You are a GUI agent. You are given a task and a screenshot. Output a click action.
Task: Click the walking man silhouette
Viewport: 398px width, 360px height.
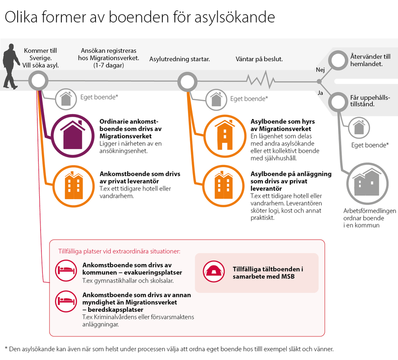click(x=11, y=67)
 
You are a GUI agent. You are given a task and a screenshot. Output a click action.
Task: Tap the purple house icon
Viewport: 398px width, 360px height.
click(x=73, y=136)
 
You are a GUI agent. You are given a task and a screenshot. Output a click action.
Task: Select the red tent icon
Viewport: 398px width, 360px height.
click(x=214, y=271)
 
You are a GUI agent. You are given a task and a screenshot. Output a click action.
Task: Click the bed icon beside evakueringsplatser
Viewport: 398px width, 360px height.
click(x=66, y=270)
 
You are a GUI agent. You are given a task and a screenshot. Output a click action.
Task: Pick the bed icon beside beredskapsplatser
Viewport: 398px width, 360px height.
click(x=66, y=301)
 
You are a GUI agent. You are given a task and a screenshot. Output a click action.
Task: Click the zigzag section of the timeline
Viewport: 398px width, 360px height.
click(x=261, y=80)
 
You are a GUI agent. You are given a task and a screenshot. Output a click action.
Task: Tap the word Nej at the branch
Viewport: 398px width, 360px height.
click(x=320, y=70)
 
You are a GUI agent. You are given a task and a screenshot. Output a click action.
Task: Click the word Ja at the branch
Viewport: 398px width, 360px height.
click(x=320, y=93)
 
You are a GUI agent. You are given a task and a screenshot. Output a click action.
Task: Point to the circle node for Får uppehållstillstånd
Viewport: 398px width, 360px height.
click(x=338, y=102)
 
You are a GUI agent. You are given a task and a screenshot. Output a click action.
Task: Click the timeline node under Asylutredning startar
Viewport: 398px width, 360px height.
click(x=188, y=82)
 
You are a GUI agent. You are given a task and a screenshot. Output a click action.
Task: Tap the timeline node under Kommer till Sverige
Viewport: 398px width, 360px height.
click(x=38, y=81)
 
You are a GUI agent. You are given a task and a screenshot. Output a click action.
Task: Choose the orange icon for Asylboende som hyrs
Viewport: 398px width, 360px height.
click(x=225, y=136)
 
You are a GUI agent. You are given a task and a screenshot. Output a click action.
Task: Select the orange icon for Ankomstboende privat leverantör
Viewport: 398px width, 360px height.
click(x=73, y=187)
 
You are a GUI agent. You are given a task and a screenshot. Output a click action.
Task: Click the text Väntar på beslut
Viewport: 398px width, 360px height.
click(x=259, y=59)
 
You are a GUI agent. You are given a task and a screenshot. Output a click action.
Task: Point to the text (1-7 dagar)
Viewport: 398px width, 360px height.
click(x=109, y=65)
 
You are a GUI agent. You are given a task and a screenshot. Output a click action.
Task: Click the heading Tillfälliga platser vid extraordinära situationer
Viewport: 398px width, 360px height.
click(x=119, y=251)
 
